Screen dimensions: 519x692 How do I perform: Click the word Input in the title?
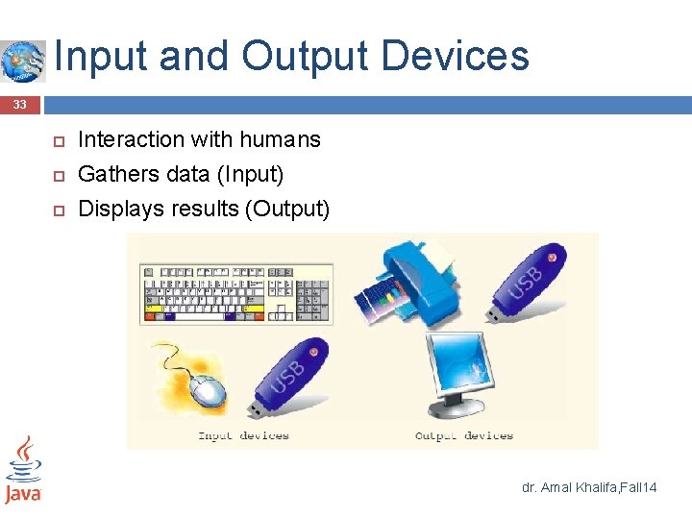pyautogui.click(x=100, y=56)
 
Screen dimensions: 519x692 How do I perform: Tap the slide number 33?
pyautogui.click(x=19, y=104)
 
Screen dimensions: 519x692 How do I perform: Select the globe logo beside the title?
pyautogui.click(x=22, y=61)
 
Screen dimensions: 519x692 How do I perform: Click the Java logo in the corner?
pyautogui.click(x=23, y=470)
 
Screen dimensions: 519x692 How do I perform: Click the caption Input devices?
pyautogui.click(x=243, y=435)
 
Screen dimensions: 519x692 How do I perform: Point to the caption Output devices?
pyautogui.click(x=464, y=435)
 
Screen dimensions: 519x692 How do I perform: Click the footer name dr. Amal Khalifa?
pyautogui.click(x=564, y=488)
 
